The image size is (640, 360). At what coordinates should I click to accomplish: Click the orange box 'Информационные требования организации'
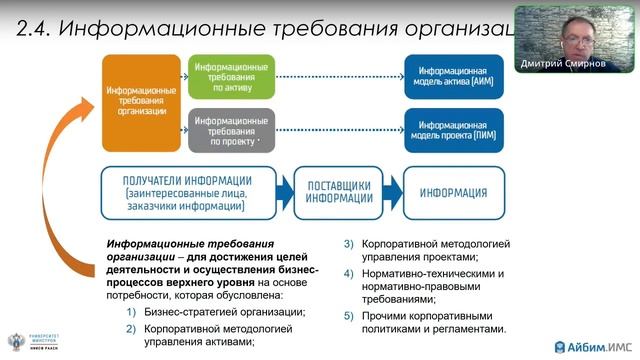click(x=141, y=102)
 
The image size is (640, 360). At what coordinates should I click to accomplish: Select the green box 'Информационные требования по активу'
click(x=230, y=75)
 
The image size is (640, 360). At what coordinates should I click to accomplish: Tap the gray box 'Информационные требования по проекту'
click(x=230, y=129)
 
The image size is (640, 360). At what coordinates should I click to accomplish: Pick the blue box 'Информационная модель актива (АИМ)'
click(x=453, y=75)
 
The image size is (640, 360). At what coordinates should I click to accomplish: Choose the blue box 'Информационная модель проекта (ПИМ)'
click(x=453, y=129)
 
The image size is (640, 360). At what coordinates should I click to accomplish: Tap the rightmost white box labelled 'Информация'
click(x=448, y=190)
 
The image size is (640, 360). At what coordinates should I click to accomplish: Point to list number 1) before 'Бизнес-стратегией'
click(x=131, y=312)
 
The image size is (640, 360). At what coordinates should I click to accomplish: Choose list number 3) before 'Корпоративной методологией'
click(x=349, y=244)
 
